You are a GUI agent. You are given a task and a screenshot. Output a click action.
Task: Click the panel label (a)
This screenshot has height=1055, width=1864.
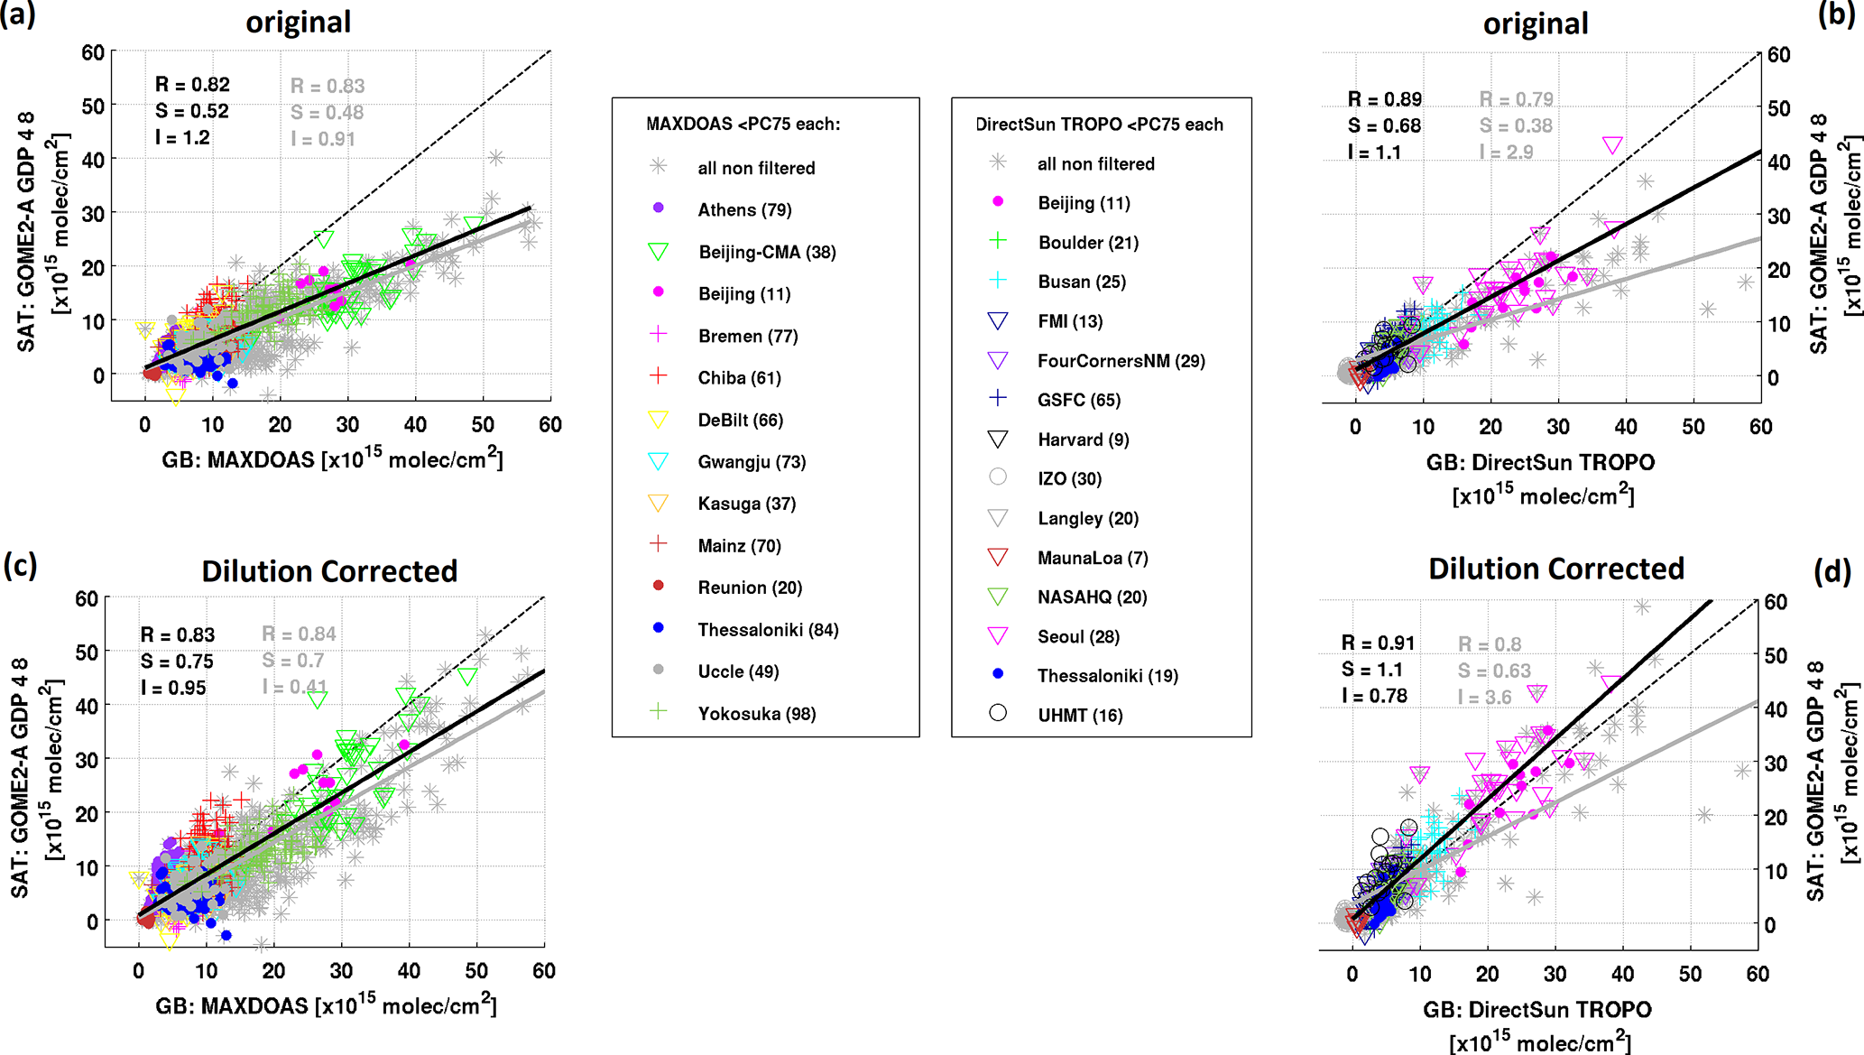click(18, 15)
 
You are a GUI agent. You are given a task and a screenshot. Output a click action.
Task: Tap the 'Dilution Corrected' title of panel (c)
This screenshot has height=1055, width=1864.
click(329, 571)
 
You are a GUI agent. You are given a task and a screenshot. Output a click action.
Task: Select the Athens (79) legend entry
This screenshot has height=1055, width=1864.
click(744, 210)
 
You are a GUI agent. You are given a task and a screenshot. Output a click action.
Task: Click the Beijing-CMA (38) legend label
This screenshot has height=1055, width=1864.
click(767, 253)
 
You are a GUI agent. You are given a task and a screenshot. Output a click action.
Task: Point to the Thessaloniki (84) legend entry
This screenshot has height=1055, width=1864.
click(768, 630)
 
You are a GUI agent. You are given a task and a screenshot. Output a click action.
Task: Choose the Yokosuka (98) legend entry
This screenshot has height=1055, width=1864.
click(756, 714)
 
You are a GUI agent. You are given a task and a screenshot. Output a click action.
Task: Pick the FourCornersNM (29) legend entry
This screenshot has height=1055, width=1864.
click(1121, 361)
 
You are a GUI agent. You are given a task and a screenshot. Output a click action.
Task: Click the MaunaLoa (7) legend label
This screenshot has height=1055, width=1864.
click(1093, 558)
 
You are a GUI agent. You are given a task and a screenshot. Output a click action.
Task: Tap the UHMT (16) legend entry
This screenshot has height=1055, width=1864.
click(1080, 716)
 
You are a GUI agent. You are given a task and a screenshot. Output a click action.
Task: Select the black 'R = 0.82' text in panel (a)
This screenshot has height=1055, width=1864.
click(192, 85)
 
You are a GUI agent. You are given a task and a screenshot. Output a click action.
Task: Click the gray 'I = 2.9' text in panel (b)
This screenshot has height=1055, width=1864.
click(1506, 153)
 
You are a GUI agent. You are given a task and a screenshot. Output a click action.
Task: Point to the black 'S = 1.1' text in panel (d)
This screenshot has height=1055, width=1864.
click(1371, 670)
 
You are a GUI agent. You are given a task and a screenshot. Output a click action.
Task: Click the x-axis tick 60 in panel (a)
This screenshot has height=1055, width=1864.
click(550, 425)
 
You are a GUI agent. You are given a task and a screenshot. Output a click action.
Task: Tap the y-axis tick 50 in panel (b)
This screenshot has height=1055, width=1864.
click(1778, 108)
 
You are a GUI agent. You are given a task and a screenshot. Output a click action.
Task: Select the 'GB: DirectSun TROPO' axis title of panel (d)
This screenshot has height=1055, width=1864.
click(1537, 1010)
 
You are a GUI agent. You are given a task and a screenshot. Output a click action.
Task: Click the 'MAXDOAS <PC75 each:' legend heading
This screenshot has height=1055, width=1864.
click(743, 125)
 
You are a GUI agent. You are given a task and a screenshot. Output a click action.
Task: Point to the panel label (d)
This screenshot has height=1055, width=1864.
click(1832, 571)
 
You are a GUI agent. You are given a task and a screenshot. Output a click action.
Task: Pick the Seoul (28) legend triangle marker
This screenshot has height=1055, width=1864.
click(998, 636)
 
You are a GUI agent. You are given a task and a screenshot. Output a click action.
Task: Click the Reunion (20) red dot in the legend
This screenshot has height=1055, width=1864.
click(659, 586)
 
